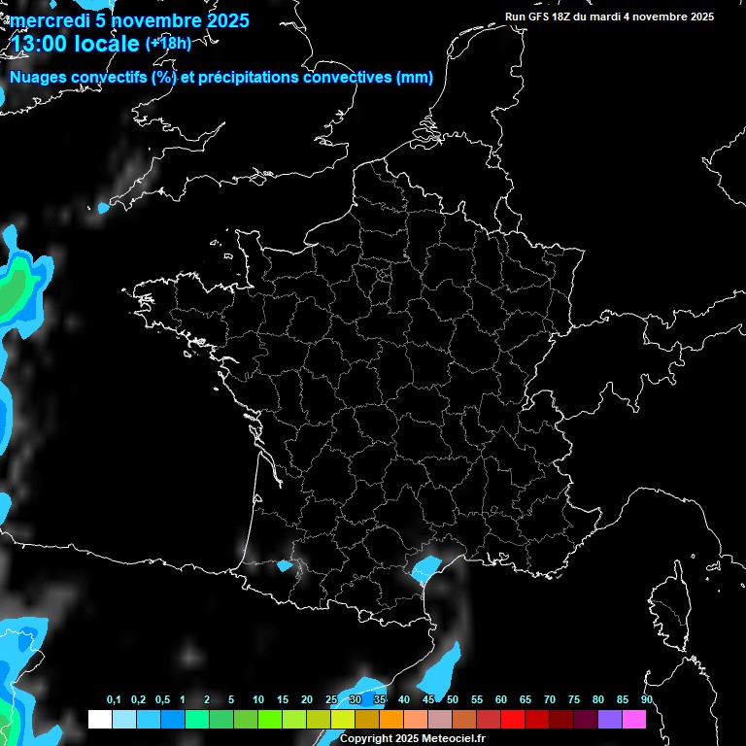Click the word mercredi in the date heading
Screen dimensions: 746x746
point(49,20)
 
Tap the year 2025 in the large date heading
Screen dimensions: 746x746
point(222,20)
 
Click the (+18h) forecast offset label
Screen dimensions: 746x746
point(168,43)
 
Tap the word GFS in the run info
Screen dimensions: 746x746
point(542,17)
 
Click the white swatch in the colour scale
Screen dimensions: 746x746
point(99,719)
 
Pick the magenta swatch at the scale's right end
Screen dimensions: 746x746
point(634,719)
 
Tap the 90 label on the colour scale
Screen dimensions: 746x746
point(647,700)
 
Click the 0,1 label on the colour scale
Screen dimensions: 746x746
point(114,700)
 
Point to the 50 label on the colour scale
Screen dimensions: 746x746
point(453,700)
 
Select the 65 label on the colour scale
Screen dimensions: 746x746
point(526,700)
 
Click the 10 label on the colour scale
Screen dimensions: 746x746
point(258,700)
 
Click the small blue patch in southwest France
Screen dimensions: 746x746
point(285,565)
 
